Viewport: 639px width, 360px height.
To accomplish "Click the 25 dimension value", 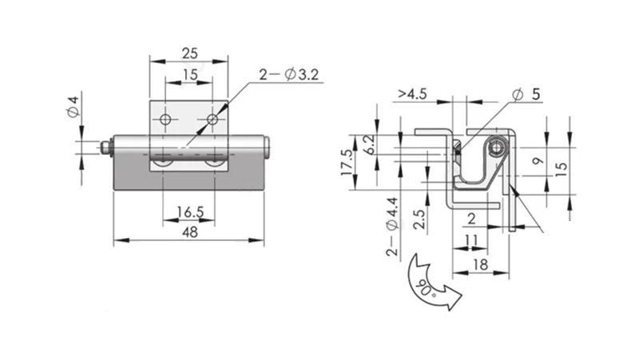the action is coord(190,53).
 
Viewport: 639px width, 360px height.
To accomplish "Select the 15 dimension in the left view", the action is coord(190,74).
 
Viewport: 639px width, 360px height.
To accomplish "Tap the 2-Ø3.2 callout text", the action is coord(289,74).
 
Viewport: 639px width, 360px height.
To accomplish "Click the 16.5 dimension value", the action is coord(190,212).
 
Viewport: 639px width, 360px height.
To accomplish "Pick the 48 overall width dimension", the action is coord(190,232).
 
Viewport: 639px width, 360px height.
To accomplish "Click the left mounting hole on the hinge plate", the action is coord(165,120).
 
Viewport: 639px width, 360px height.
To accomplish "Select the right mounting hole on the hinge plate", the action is coord(212,120).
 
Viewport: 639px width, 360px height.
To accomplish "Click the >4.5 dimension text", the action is coord(412,94).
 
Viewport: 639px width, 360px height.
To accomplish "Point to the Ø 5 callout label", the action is coord(526,94).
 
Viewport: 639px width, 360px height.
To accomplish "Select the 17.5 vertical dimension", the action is coord(347,162).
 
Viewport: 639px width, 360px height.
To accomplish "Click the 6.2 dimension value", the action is coord(370,144).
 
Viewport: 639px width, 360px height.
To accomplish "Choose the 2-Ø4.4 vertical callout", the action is coord(392,227).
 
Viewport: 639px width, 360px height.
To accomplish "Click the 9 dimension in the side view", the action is coord(538,161).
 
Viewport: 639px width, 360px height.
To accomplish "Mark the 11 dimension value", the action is coord(471,239).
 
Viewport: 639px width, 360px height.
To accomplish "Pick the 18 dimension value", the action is coord(481,265).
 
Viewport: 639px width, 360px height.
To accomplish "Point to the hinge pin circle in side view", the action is coord(496,148).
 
